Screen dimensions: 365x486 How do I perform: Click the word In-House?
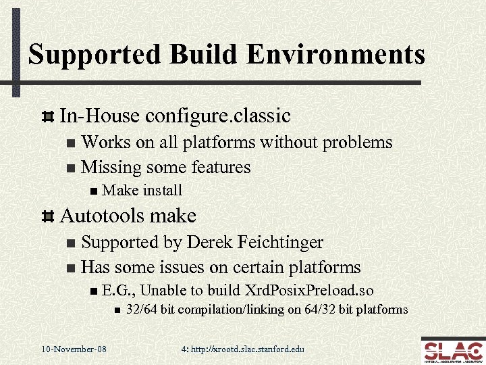101,116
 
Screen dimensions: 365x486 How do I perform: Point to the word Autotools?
103,216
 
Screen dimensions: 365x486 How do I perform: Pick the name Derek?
207,242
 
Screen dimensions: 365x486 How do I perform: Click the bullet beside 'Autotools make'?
47,217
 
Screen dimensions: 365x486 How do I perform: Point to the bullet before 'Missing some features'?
71,167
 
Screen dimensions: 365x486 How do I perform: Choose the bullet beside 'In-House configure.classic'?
47,117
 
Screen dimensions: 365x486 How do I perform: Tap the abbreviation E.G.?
119,291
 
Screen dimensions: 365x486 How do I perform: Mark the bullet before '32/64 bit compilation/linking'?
116,310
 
